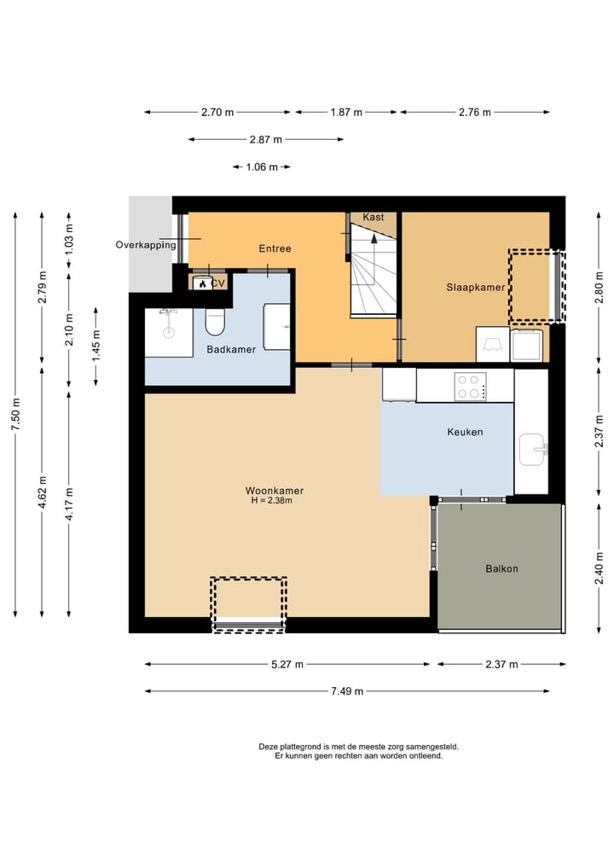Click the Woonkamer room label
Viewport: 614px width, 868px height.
click(x=275, y=491)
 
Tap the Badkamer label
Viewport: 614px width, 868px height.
click(x=231, y=349)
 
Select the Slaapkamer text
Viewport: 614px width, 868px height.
click(x=476, y=288)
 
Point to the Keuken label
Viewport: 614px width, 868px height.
click(x=466, y=432)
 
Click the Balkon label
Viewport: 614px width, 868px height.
click(x=501, y=568)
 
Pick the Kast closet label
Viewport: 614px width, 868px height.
click(x=374, y=217)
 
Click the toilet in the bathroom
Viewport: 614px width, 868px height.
click(x=215, y=322)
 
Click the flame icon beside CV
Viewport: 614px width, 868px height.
click(x=202, y=284)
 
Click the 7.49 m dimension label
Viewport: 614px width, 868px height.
click(x=347, y=690)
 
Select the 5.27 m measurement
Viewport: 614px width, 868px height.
click(x=287, y=664)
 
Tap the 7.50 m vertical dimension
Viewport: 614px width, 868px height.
click(x=15, y=415)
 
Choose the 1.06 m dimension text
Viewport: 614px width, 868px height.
click(x=262, y=166)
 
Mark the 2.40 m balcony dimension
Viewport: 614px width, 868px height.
click(x=599, y=568)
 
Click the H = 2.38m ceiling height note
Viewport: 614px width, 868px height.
click(x=271, y=501)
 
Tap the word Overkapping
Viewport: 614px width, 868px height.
click(x=146, y=245)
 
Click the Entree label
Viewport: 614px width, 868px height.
click(x=275, y=248)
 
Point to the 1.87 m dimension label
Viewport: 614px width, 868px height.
click(x=346, y=113)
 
